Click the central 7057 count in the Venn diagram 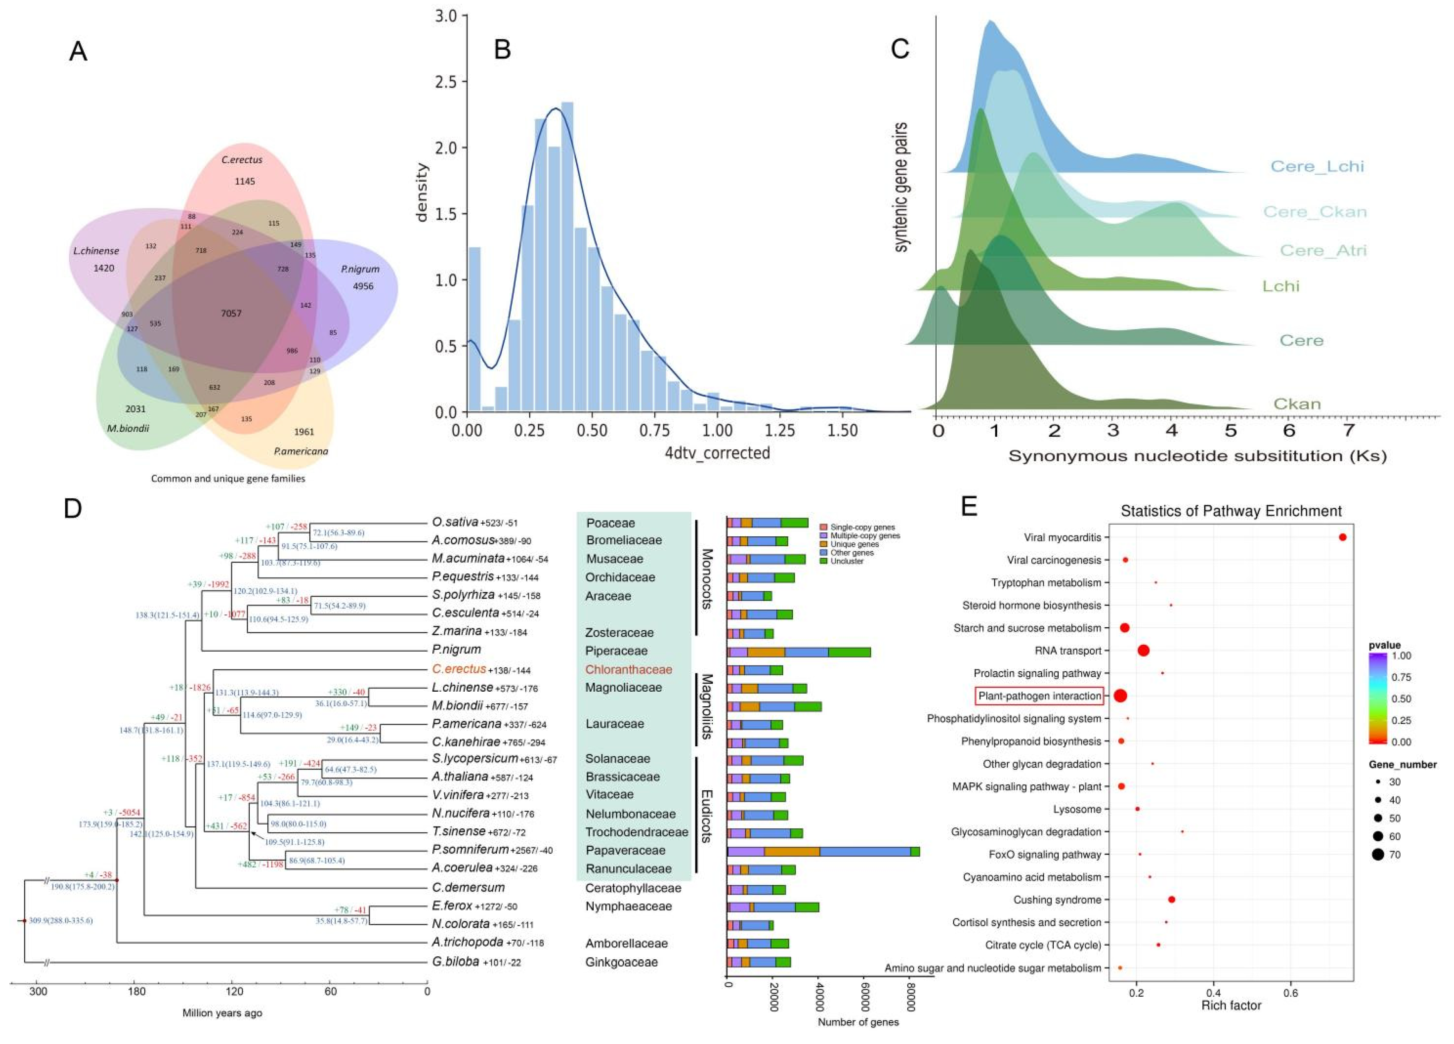231,313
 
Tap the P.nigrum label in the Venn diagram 360,269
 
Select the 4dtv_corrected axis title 717,453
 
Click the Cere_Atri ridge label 1323,250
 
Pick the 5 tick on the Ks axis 1230,430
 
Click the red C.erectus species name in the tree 459,669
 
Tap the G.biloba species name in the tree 456,961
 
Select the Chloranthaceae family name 628,669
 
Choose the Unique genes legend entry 854,544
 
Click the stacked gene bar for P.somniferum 823,851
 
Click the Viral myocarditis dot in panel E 1343,537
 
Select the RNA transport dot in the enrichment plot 1143,650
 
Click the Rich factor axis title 1230,1005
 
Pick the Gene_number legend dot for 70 1378,854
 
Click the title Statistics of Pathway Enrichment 1230,511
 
